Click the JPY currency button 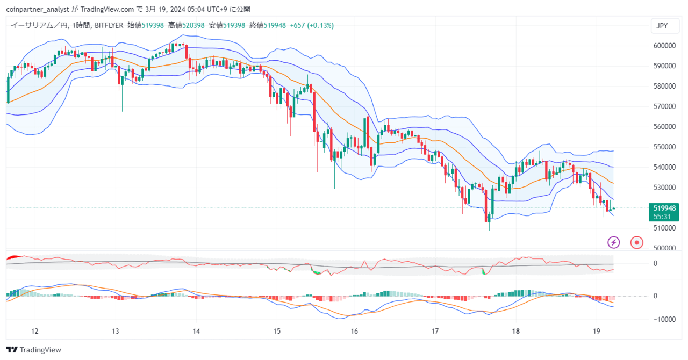[665, 26]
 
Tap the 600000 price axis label [665, 46]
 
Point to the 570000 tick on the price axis [665, 106]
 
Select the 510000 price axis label [665, 228]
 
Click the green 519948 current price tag [664, 208]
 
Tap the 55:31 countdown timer [662, 217]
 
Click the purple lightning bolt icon [613, 243]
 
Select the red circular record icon [637, 243]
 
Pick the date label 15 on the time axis [277, 332]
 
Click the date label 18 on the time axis [516, 332]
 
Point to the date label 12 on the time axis [35, 332]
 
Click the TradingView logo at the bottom [33, 350]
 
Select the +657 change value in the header [297, 25]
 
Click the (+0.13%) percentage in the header [320, 25]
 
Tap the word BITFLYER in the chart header [109, 25]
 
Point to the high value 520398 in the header [193, 25]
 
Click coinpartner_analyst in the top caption [38, 10]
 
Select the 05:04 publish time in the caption [196, 10]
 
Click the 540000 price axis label [665, 168]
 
